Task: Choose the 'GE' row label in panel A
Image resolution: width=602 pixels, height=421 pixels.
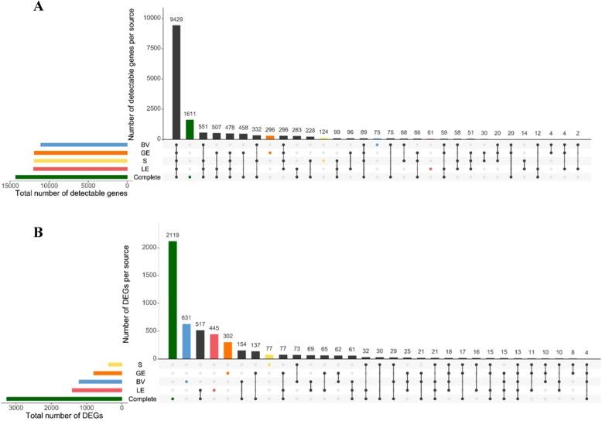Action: pyautogui.click(x=145, y=152)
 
